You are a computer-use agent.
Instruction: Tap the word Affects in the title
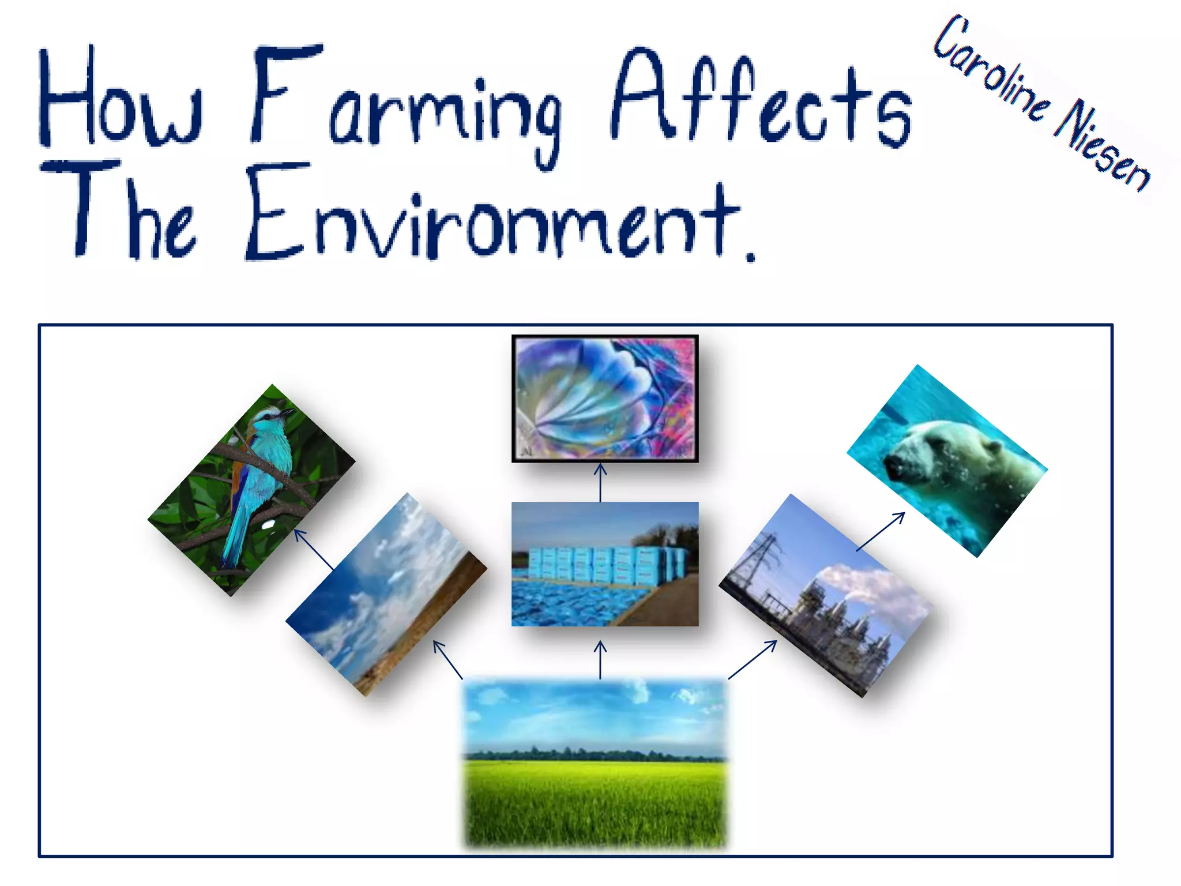pos(761,98)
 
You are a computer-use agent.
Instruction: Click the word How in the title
pos(121,98)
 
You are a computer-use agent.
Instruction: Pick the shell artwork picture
pos(604,398)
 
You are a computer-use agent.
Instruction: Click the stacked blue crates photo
pos(604,564)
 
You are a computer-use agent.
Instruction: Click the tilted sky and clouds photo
pos(386,594)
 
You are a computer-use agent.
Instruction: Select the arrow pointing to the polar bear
pos(881,531)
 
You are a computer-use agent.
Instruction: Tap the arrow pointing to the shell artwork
pos(600,482)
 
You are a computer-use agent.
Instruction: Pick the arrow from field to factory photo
pos(753,659)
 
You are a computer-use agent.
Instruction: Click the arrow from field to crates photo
pos(600,660)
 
